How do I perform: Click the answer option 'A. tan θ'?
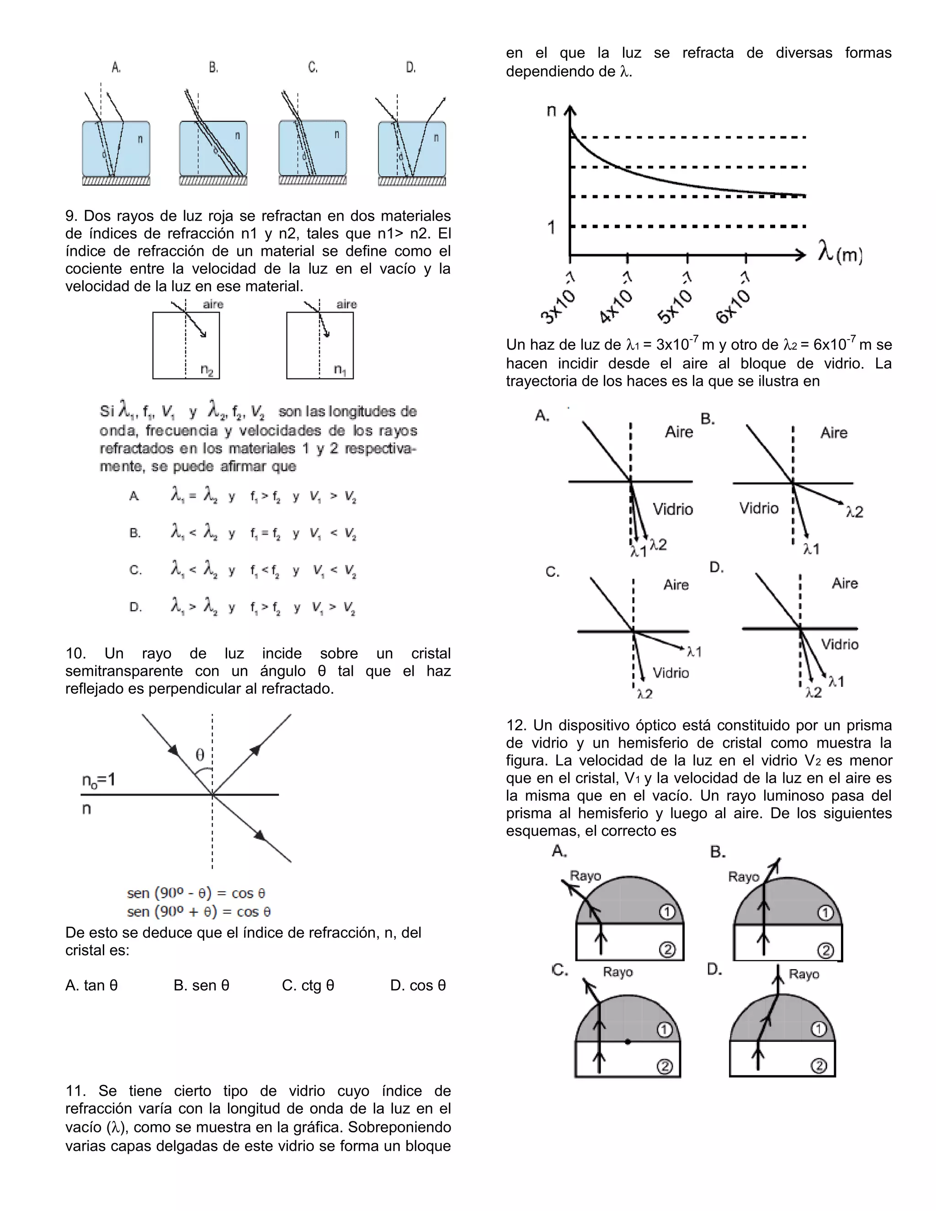click(x=91, y=985)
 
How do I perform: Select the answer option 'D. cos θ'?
click(x=418, y=985)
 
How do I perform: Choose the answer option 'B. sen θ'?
click(x=201, y=985)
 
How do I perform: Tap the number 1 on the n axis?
click(x=551, y=227)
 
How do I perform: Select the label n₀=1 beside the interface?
click(x=99, y=780)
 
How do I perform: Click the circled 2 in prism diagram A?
click(x=667, y=950)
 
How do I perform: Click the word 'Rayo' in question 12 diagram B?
click(x=744, y=876)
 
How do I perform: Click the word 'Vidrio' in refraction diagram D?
click(x=840, y=644)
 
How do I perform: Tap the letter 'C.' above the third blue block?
click(x=313, y=68)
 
